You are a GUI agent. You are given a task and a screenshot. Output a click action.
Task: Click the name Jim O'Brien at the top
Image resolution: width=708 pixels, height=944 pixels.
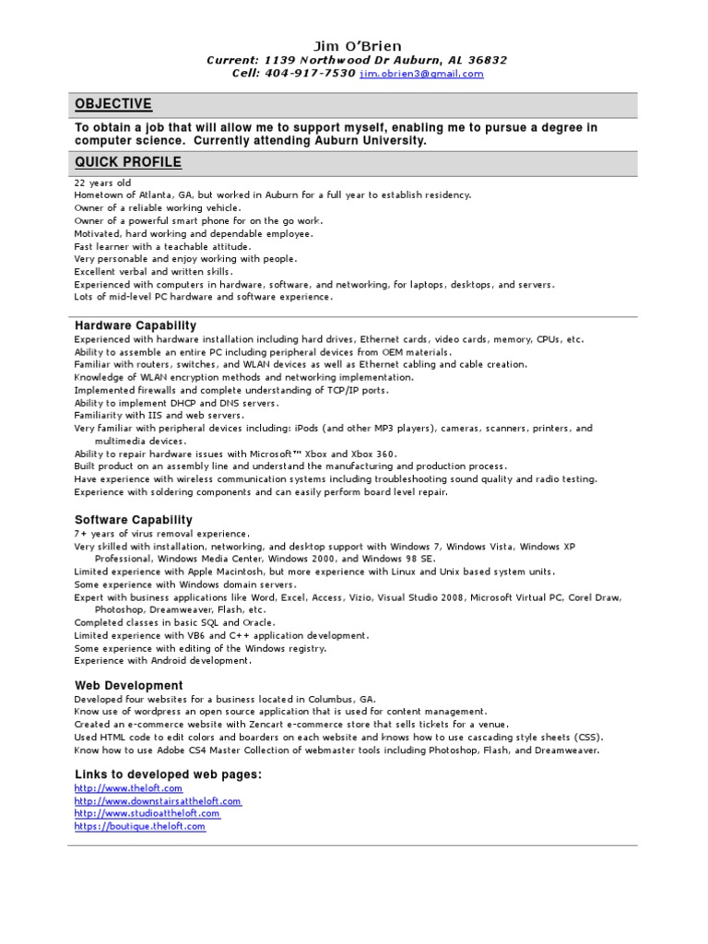(x=357, y=46)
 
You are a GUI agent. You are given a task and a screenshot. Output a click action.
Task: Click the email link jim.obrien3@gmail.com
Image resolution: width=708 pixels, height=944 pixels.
(x=421, y=74)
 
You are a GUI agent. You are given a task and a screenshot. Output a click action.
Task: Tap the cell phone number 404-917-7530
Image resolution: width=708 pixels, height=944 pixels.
(x=311, y=74)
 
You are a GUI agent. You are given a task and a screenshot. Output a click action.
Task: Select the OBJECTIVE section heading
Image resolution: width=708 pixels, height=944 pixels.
(x=113, y=104)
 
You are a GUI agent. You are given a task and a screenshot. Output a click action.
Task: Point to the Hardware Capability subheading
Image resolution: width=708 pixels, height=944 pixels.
(x=136, y=325)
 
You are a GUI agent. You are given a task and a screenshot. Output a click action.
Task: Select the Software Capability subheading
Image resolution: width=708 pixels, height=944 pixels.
(x=134, y=520)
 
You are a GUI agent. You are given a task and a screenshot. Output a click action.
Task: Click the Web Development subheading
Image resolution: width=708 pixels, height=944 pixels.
(x=128, y=686)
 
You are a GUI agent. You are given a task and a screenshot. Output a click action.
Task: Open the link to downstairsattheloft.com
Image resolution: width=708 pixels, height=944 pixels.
(x=158, y=802)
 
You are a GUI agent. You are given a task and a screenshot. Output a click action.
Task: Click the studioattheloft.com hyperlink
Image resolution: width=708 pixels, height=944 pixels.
(x=147, y=814)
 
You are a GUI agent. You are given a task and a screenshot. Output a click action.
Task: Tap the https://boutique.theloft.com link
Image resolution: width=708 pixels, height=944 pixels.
(x=140, y=827)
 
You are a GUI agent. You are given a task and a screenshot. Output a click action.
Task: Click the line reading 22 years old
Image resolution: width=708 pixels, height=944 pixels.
(x=102, y=183)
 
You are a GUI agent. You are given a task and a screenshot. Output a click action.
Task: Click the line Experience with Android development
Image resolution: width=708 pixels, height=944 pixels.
(x=162, y=661)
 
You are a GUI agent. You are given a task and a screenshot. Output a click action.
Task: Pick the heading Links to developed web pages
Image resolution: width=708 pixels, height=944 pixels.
(x=168, y=774)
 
